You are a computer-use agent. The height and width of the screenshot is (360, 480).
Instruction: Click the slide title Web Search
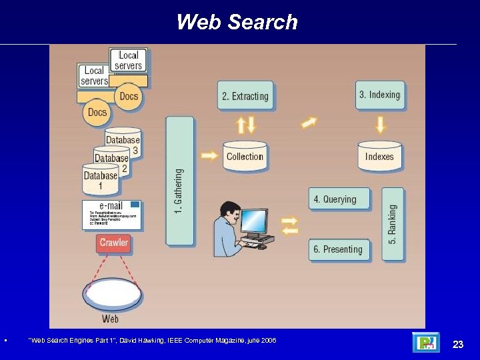point(237,22)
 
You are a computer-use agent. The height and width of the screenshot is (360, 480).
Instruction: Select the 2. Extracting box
point(245,96)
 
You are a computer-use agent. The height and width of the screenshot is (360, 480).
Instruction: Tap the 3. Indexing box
point(379,95)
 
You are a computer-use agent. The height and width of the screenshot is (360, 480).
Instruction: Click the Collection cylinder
point(245,157)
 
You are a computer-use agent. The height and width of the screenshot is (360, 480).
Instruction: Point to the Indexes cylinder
point(379,157)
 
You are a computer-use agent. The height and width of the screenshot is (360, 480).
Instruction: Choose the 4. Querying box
point(339,199)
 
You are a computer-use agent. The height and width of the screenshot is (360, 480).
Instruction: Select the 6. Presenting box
point(339,249)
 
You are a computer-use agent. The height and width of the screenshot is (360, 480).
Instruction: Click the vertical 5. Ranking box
point(393,223)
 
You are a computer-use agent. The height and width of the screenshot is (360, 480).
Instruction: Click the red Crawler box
point(114,243)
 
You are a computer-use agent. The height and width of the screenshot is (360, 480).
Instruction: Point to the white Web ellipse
point(112,294)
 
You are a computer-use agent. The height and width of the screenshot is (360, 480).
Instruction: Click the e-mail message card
point(111,215)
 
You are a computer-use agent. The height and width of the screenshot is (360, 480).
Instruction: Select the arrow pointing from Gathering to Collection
point(209,156)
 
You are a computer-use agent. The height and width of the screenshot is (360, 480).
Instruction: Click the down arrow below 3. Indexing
point(380,124)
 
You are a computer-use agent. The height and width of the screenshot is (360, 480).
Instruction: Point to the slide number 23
point(457,344)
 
